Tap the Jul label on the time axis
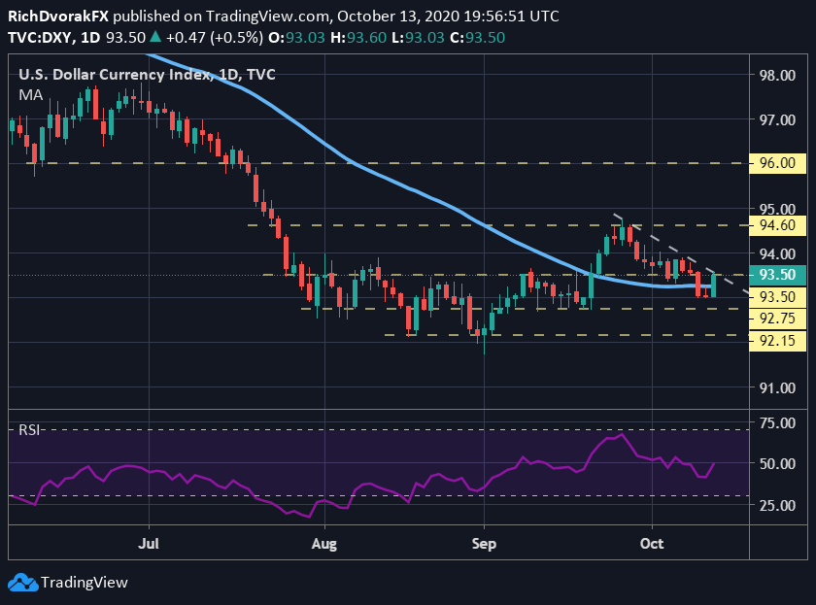(x=149, y=544)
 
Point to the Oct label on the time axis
(x=652, y=544)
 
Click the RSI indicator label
(x=30, y=429)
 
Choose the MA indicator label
(x=30, y=94)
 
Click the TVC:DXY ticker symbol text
(x=39, y=38)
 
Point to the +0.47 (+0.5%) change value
(x=208, y=38)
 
